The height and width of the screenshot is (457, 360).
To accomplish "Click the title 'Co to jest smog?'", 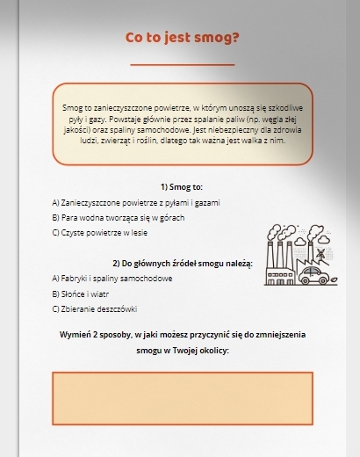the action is pos(182,38).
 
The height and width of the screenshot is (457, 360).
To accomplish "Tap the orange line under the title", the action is pos(182,65).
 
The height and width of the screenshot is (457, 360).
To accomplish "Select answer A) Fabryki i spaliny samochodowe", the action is pos(112,279).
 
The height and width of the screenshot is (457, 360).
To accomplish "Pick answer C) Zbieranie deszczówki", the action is pos(95,309).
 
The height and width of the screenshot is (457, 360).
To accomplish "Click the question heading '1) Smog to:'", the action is pos(182,187).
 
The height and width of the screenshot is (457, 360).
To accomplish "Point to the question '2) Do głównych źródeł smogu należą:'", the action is pos(182,264).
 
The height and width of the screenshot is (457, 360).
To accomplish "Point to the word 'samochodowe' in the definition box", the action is pos(164,128).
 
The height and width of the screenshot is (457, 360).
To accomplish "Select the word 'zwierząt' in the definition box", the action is pos(121,139).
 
